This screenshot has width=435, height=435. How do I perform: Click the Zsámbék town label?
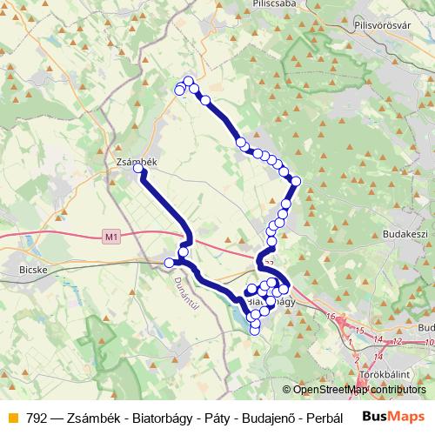tap(135, 162)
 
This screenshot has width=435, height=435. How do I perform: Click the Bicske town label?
tap(31, 270)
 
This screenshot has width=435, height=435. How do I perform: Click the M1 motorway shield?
tap(110, 236)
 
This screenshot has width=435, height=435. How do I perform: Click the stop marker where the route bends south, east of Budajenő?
tap(295, 181)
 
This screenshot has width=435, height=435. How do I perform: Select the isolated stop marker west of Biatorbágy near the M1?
tap(169, 263)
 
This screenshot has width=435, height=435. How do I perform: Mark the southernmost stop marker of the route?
tap(255, 329)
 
